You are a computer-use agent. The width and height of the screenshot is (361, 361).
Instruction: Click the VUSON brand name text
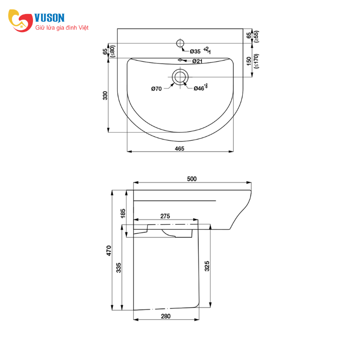50,18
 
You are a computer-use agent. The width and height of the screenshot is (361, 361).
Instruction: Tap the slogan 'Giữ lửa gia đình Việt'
62,28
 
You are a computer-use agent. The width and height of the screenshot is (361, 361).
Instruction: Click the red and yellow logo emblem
20,20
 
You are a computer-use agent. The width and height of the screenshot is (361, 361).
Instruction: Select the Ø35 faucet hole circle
180,43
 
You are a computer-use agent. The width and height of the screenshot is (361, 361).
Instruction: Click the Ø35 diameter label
195,51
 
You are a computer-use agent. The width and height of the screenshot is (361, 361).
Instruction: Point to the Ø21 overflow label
197,61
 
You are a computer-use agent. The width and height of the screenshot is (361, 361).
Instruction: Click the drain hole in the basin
180,77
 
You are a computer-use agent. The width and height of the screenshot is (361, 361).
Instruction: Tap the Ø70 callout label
157,88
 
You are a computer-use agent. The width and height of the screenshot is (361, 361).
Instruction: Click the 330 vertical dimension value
105,96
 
